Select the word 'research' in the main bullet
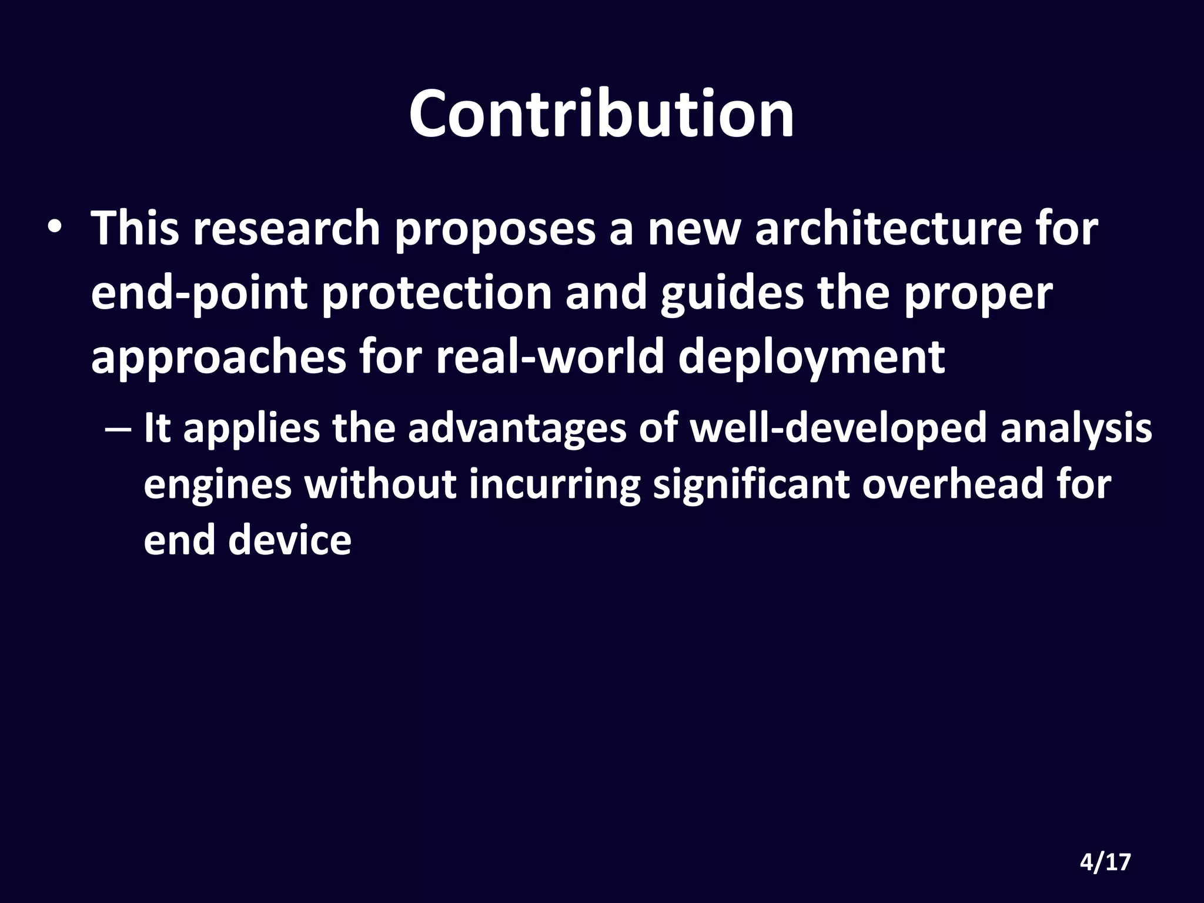287,229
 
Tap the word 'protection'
437,293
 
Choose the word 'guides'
731,293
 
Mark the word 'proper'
978,293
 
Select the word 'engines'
218,486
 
